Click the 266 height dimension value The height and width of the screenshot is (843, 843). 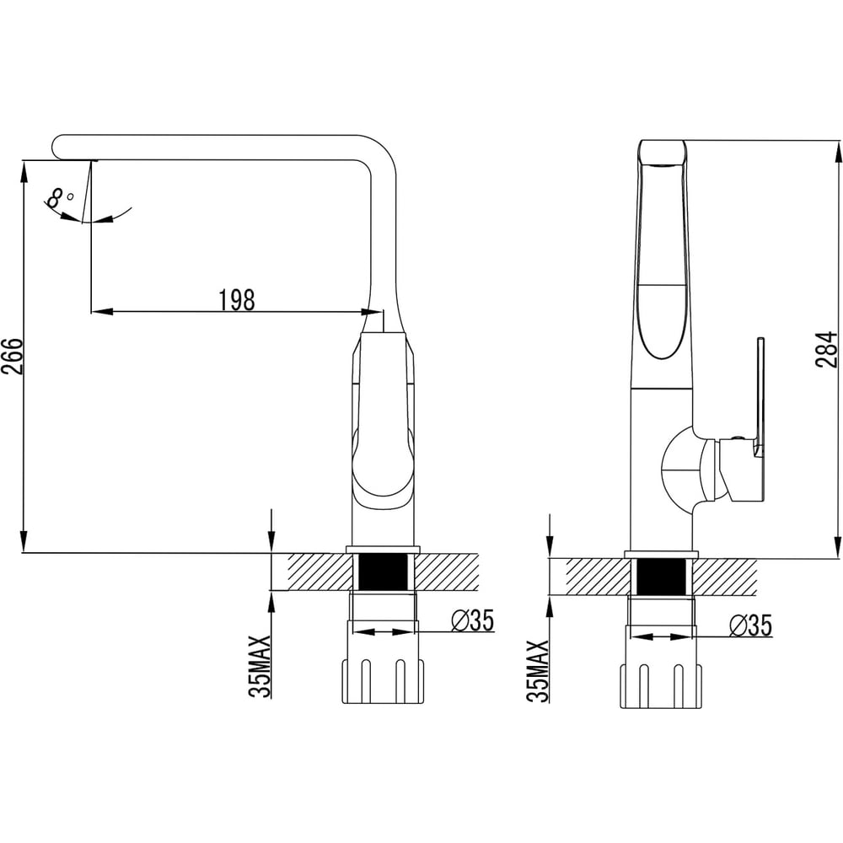[x=11, y=357]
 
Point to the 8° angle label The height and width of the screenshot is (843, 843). [x=60, y=197]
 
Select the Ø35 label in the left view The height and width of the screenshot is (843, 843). [x=472, y=620]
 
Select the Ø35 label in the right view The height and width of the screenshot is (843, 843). [x=750, y=626]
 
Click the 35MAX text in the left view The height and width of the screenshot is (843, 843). [x=260, y=666]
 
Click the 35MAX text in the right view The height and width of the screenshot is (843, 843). [x=538, y=671]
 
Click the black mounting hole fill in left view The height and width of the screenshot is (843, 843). [x=383, y=572]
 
